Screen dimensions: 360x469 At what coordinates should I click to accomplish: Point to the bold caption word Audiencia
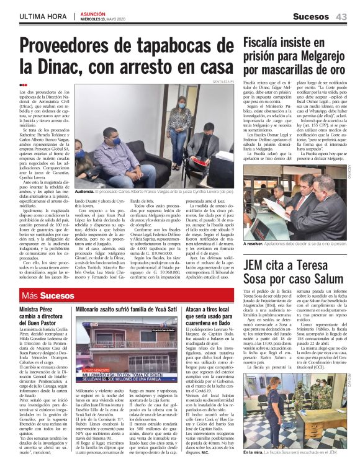[88, 192]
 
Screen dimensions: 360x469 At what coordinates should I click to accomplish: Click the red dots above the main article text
[24, 85]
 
